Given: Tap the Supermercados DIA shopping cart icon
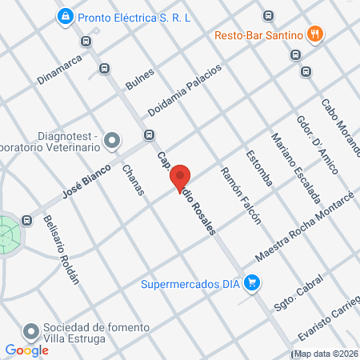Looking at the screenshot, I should (252, 282).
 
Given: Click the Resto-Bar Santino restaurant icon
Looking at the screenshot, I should (317, 34).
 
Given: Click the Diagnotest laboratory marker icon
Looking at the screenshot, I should (112, 142).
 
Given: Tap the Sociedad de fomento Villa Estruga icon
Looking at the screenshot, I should (31, 330).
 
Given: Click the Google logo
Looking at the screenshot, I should (26, 350).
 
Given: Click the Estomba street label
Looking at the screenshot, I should (260, 168).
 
